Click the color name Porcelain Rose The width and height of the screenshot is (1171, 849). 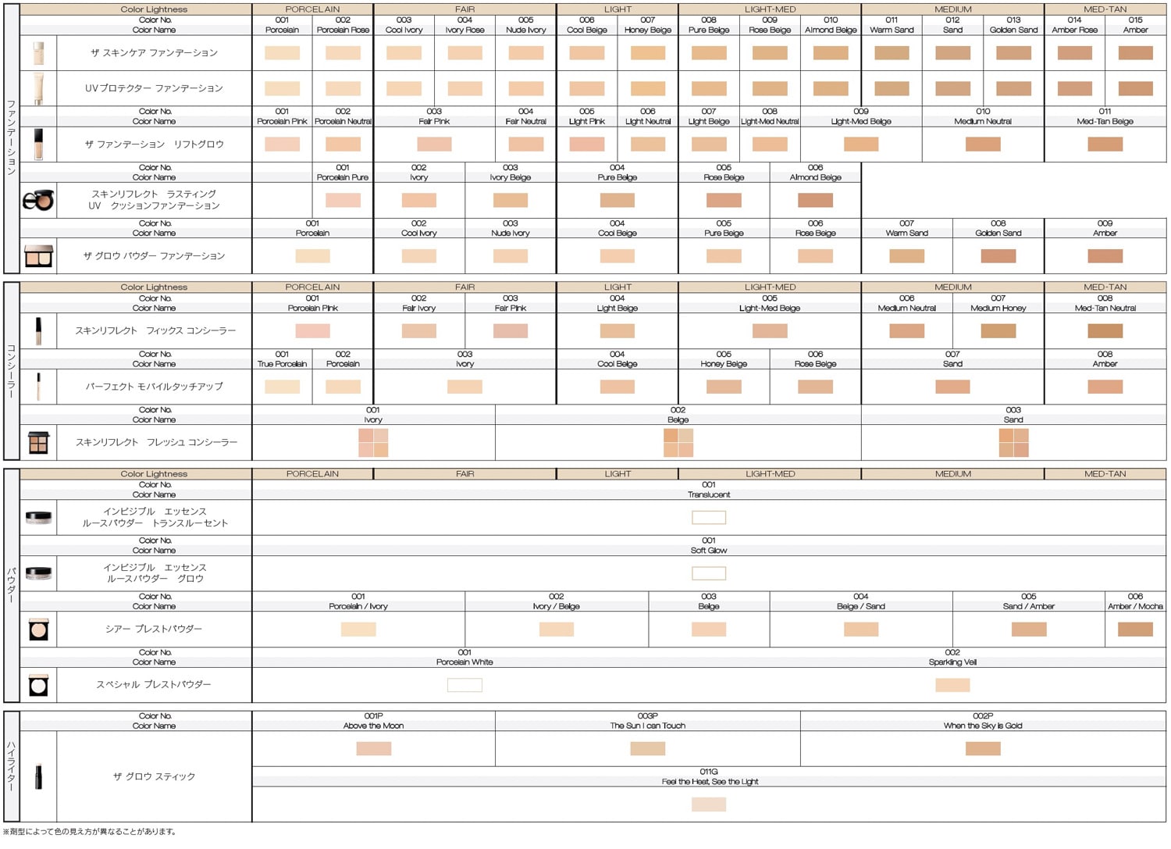click(343, 30)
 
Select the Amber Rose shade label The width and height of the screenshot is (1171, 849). click(1074, 30)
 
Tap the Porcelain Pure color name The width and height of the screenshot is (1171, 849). click(343, 178)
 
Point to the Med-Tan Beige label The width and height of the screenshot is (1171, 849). click(1105, 122)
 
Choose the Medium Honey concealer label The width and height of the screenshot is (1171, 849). click(998, 309)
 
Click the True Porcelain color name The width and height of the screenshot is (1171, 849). click(282, 364)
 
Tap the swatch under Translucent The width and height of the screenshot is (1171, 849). click(709, 518)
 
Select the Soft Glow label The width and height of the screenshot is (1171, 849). click(709, 551)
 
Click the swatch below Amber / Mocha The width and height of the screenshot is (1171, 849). click(1135, 630)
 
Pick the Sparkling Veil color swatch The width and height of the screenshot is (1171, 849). click(952, 685)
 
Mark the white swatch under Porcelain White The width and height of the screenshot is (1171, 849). click(464, 685)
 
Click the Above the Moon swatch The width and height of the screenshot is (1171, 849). click(373, 749)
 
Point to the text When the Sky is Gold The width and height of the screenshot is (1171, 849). click(983, 726)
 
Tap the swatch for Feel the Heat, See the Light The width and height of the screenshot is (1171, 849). click(709, 804)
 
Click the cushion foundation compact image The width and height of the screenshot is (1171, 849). click(38, 201)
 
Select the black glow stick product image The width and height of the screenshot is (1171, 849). click(38, 776)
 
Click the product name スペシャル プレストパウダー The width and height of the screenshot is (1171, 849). click(154, 685)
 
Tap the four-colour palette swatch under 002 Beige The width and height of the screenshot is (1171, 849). click(678, 443)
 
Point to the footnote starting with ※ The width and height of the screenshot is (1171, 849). click(90, 832)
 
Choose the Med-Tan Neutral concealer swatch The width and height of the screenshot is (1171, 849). click(1105, 331)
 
